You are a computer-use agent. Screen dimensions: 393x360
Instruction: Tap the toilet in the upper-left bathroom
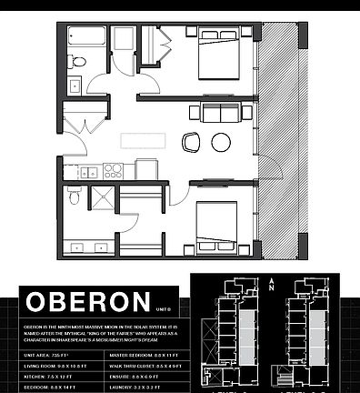79,62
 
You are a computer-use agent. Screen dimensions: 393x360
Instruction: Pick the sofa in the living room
215,114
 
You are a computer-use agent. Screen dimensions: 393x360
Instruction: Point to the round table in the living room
221,142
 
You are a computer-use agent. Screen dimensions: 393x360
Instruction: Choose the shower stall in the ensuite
101,199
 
